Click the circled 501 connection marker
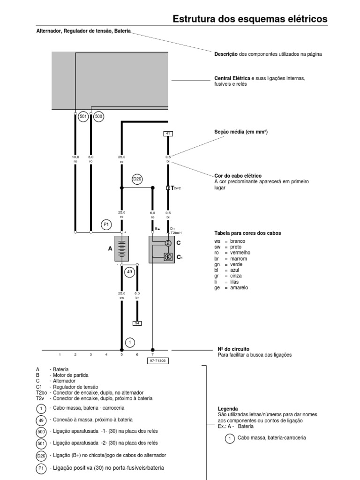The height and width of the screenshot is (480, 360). tap(83, 116)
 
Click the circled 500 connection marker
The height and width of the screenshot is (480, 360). tap(98, 116)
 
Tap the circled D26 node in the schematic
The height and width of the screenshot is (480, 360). tap(137, 179)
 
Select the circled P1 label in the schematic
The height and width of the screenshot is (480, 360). tap(106, 225)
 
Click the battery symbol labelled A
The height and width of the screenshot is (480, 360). tap(122, 249)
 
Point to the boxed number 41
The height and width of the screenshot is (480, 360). tap(168, 134)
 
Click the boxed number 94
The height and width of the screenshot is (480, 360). tap(137, 323)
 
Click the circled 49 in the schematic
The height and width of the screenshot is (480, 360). tap(130, 271)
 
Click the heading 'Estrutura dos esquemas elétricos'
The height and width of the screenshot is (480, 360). tap(250, 19)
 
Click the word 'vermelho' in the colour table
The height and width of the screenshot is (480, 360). tap(240, 252)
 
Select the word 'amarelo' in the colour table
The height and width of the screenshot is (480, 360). tap(239, 287)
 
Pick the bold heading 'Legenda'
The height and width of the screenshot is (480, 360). tap(228, 409)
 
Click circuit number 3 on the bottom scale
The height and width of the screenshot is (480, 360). tap(91, 355)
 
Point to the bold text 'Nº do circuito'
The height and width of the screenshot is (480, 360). tap(233, 349)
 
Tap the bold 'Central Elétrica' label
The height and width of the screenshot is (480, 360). tap(232, 78)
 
